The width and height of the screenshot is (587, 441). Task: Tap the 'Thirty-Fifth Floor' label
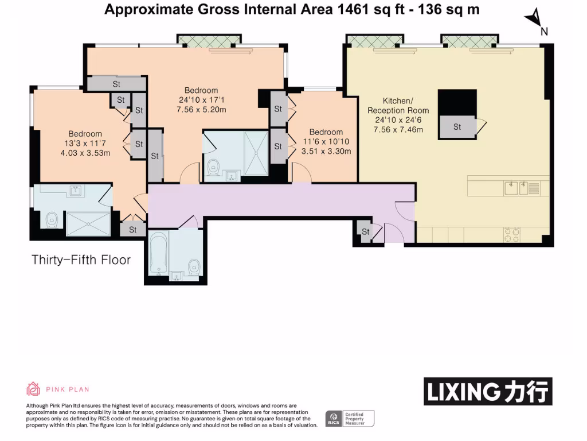pos(81,260)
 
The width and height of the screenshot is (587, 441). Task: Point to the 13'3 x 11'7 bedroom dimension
pos(85,144)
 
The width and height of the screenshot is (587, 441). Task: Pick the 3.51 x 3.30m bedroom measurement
pos(326,152)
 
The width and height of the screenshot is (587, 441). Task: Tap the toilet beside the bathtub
pos(194,265)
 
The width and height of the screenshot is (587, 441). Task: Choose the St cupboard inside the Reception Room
pos(457,127)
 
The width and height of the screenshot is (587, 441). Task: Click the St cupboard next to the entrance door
pos(365,232)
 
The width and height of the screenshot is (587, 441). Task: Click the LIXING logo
pos(488,392)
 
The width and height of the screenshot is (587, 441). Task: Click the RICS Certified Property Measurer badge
pos(349,419)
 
